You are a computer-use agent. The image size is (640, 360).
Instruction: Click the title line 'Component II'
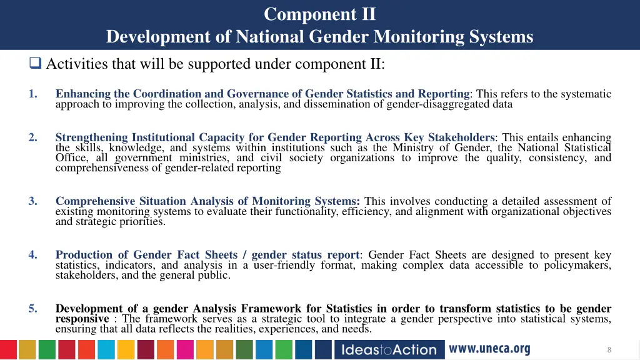319,14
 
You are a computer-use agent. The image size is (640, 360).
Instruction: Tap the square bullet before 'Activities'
35,63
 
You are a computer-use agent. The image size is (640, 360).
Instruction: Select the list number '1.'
32,94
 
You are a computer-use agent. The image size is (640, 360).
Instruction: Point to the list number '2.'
32,137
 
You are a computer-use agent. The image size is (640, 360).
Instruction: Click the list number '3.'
32,201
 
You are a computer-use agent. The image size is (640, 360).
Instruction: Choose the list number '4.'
32,255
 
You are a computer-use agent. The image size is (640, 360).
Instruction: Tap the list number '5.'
32,309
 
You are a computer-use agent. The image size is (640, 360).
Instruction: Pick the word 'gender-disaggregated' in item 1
438,104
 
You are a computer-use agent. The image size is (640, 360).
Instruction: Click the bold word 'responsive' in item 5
82,319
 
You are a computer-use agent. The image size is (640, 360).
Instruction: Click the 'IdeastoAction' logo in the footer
389,349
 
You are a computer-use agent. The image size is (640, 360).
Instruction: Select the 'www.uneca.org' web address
489,349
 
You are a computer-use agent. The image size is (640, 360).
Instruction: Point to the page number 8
609,350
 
